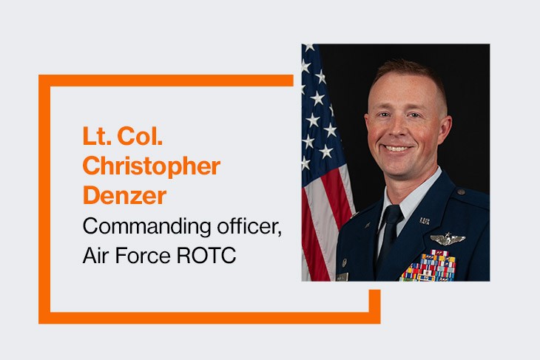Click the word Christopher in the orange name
151,166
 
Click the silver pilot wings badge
447,239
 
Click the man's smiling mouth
398,149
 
